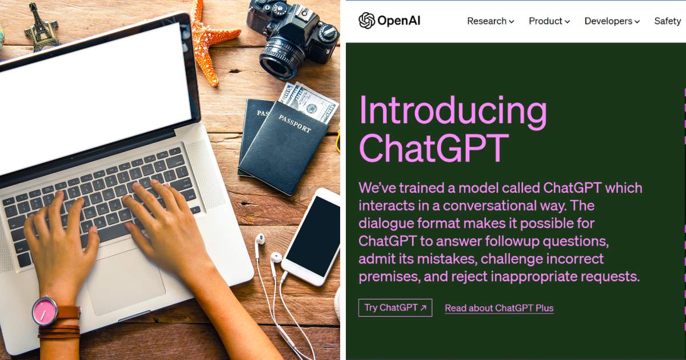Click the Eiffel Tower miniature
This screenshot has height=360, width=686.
coord(42,29)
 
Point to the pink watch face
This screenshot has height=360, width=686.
coord(45,311)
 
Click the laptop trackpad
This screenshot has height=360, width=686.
coord(126,281)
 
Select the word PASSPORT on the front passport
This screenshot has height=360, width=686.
coord(294,123)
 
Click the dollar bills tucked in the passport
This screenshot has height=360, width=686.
coord(309,102)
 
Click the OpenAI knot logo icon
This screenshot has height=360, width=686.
coord(366,21)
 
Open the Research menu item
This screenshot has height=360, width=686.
coord(490,21)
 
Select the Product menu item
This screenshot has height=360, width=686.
coord(549,21)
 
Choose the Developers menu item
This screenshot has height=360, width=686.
coord(612,21)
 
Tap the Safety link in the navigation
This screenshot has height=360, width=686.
coord(668,21)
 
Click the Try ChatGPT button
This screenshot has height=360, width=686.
coord(395,307)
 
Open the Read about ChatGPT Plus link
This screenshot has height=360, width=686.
coord(499,308)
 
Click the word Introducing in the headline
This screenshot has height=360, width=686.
coord(453,113)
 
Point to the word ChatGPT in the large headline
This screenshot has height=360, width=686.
coord(434,148)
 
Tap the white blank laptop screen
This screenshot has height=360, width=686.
coord(92,98)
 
